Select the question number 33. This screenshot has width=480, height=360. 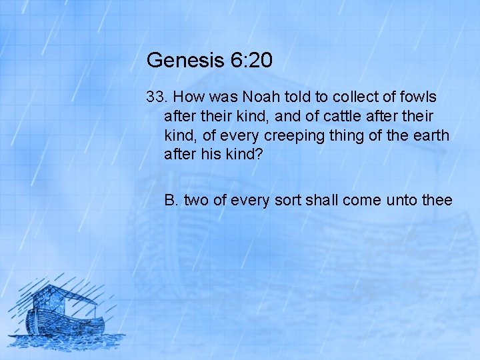(157, 97)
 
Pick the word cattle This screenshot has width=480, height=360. (339, 117)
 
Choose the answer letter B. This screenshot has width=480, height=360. (171, 199)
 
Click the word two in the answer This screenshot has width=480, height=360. (196, 199)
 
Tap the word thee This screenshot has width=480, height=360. (437, 199)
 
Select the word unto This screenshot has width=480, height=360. (397, 199)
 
